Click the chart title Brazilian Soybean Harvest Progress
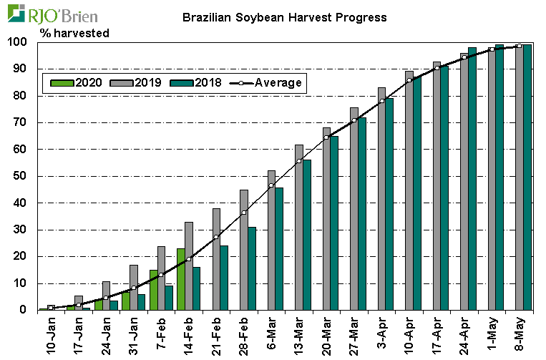(284, 16)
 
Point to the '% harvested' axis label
(74, 33)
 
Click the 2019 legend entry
(138, 83)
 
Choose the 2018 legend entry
(199, 83)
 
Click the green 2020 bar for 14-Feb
(180, 279)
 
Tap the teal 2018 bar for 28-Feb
(251, 268)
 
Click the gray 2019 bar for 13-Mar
(298, 228)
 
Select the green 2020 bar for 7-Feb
(153, 290)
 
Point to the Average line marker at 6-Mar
(271, 185)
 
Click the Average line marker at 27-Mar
(354, 120)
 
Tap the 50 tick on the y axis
(21, 176)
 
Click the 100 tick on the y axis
(19, 42)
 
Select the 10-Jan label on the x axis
(50, 335)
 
